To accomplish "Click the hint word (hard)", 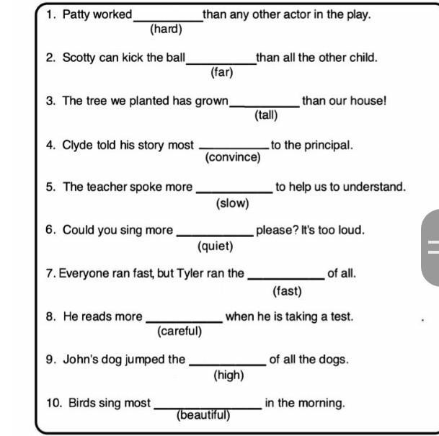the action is click(x=166, y=29).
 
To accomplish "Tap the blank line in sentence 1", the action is click(x=168, y=21).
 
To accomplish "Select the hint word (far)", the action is click(x=222, y=73).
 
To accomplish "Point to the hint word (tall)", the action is click(x=266, y=115).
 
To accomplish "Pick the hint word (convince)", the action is click(x=233, y=157).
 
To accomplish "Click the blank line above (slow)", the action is click(x=234, y=192).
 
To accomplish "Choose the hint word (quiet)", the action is click(x=216, y=246).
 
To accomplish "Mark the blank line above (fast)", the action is click(x=286, y=279).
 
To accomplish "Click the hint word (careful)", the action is click(x=179, y=332).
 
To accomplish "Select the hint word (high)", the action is click(x=229, y=375).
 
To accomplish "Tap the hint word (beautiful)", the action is click(x=203, y=415).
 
